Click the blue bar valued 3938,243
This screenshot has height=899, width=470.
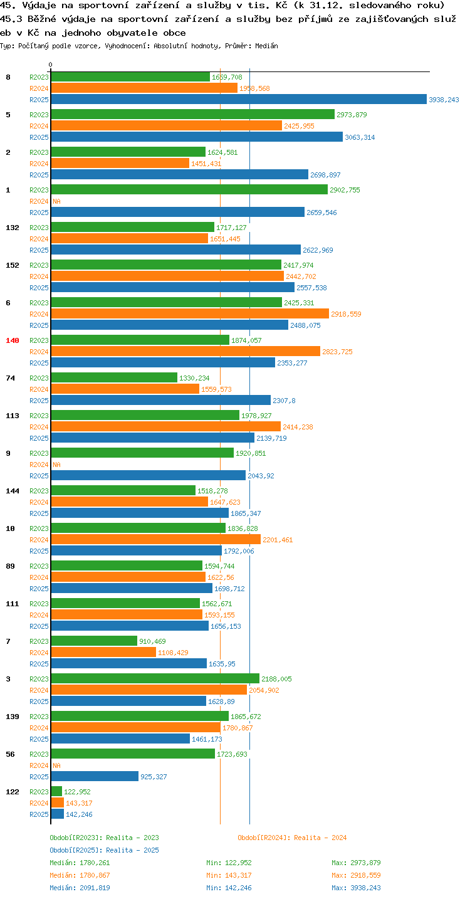coord(239,99)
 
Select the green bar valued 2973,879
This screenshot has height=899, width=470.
coord(193,114)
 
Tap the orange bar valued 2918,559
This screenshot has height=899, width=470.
coord(190,313)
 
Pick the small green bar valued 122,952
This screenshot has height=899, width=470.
coord(56,791)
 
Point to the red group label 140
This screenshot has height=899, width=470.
coord(13,340)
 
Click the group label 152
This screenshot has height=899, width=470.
coord(13,265)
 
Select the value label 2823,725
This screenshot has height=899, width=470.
coord(337,352)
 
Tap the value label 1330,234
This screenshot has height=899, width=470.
coord(194,378)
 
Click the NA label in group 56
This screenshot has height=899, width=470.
coord(56,765)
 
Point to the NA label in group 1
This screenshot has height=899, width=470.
coord(56,201)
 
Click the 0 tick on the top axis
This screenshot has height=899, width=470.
coord(51,65)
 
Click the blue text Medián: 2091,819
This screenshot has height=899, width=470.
coord(80,888)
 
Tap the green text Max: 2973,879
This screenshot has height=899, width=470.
coord(356,863)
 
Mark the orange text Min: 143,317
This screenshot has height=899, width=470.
coord(229,875)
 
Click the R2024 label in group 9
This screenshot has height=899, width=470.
coord(39,465)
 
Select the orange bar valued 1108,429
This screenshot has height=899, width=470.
coord(103,652)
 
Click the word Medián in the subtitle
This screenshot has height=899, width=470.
coord(266,46)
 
